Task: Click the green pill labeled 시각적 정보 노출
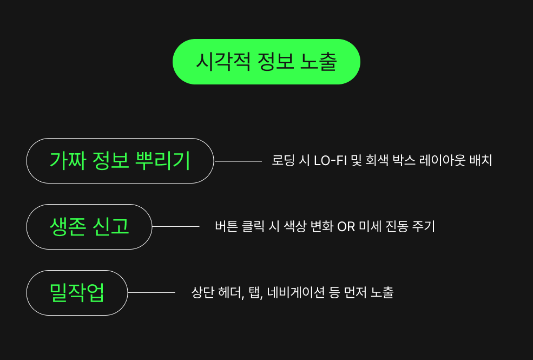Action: tap(266, 62)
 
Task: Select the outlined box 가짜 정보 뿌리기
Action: tap(120, 161)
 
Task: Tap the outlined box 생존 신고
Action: tap(89, 227)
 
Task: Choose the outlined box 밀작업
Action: tap(77, 293)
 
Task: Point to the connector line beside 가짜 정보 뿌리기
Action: tap(238, 161)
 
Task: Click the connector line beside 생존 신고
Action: tap(176, 227)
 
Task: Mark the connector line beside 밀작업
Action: tap(152, 293)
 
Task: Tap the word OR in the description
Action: tap(346, 227)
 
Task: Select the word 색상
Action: tap(295, 227)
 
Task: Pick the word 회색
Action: tap(378, 161)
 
